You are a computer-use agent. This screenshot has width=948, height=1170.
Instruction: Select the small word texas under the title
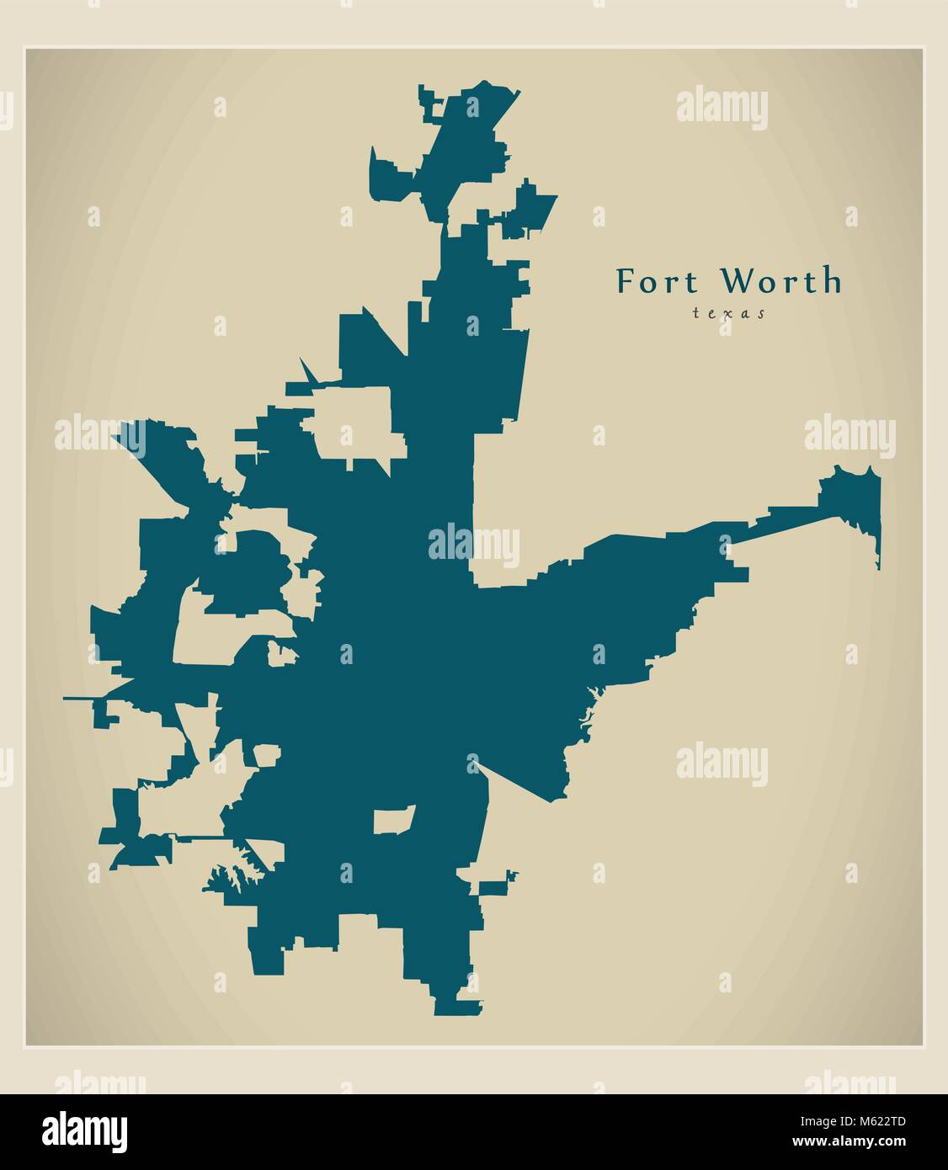click(x=728, y=313)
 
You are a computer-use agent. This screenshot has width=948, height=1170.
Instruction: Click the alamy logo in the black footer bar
click(x=84, y=1130)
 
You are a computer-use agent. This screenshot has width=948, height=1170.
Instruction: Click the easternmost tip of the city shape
click(x=878, y=522)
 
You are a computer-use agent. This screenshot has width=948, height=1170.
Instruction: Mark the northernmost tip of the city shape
click(x=485, y=83)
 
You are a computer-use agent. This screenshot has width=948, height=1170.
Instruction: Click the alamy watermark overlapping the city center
click(x=473, y=545)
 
